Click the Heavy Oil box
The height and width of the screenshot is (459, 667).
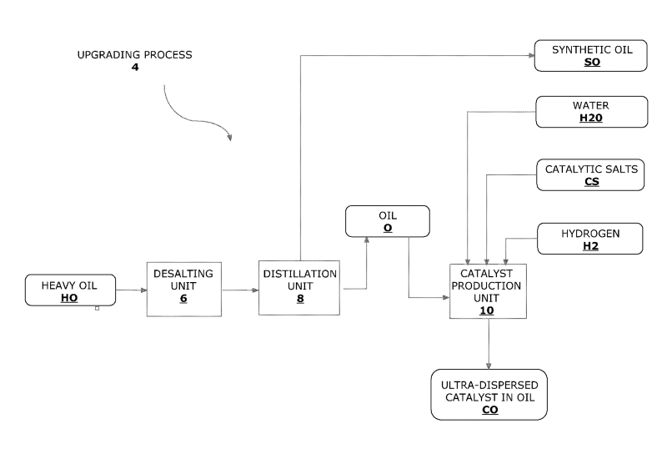click(x=70, y=290)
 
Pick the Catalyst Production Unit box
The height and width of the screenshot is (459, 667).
click(x=488, y=290)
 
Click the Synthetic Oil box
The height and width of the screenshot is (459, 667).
click(x=592, y=55)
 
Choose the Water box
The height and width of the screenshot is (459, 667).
click(x=592, y=112)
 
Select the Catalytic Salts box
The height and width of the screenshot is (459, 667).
click(x=592, y=174)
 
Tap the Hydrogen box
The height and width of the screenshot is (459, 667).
click(x=592, y=238)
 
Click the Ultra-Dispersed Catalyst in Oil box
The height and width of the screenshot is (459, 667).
click(x=489, y=395)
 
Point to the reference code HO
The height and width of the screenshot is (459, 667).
click(x=70, y=297)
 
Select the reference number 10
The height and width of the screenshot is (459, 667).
click(x=488, y=310)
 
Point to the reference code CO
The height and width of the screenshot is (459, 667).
click(x=489, y=410)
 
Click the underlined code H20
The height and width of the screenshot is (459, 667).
click(x=591, y=119)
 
